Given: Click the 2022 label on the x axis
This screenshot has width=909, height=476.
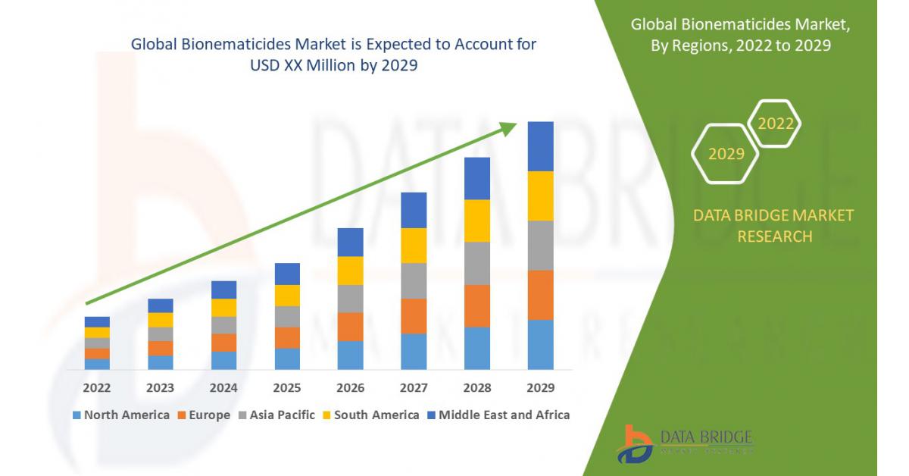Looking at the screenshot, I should tap(97, 388).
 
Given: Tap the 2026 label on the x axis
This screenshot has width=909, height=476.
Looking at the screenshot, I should tap(350, 388).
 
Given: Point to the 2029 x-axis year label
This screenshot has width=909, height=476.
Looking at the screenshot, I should tap(540, 388).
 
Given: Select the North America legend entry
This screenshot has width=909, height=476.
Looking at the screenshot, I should tap(120, 415).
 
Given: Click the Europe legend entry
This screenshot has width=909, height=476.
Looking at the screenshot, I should tap(205, 415).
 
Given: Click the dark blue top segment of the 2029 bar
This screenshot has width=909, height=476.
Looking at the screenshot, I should tap(540, 146).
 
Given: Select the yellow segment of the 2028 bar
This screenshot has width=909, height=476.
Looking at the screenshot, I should tap(477, 221).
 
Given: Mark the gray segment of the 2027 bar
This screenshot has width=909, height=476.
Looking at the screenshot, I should tap(414, 280).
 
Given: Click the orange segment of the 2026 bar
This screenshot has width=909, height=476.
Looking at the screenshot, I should tap(350, 327).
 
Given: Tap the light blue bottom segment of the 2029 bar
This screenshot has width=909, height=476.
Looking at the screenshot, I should tap(540, 344).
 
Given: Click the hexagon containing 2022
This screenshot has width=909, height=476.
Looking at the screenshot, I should tap(775, 124).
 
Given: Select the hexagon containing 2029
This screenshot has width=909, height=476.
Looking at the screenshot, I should tap(726, 155).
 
